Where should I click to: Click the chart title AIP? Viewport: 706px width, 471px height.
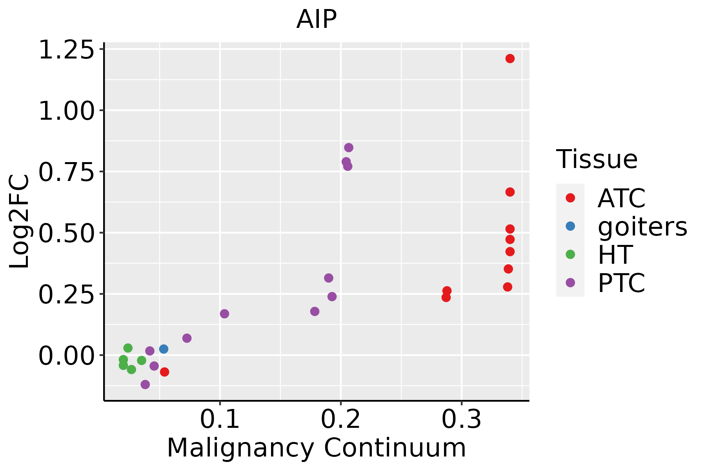point(317,20)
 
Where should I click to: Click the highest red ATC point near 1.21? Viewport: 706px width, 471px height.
point(510,59)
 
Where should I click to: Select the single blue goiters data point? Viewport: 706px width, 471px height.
point(164,349)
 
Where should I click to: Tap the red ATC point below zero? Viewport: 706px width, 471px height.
point(164,372)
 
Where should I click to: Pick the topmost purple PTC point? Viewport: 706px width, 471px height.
point(349,148)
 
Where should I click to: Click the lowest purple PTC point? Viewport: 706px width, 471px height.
point(145,384)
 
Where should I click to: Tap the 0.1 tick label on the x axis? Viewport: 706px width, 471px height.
point(220,420)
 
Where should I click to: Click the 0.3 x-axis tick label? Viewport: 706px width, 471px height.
point(462,420)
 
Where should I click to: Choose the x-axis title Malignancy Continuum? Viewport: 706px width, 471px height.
point(317,448)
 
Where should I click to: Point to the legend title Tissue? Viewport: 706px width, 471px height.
point(597,159)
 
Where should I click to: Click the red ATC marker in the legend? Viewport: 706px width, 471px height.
point(570,198)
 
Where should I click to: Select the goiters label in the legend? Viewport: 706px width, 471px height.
point(642,226)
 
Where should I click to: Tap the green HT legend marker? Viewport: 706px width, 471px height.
point(570,254)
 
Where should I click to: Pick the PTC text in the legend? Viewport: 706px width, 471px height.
point(621,283)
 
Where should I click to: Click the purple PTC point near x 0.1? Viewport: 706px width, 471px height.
point(224,314)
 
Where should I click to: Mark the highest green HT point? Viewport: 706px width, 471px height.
point(128,348)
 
